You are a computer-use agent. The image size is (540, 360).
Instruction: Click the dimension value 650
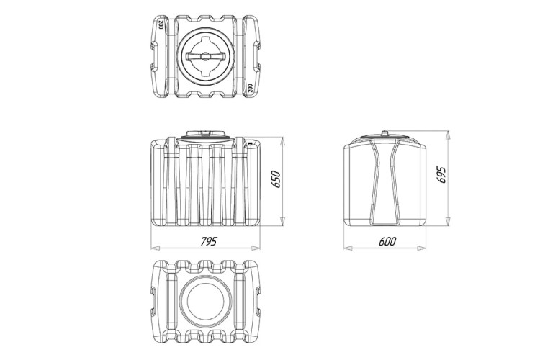click(x=276, y=179)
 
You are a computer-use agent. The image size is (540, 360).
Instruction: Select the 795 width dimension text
click(x=209, y=241)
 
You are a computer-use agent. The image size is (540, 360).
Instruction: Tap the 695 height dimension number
click(x=441, y=175)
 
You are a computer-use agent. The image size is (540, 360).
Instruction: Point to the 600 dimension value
click(x=387, y=241)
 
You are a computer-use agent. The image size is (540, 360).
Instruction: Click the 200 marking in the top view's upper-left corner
click(x=161, y=24)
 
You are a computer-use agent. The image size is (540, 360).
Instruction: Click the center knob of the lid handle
click(x=205, y=56)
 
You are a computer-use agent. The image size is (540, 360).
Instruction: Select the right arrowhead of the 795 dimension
click(x=256, y=248)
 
